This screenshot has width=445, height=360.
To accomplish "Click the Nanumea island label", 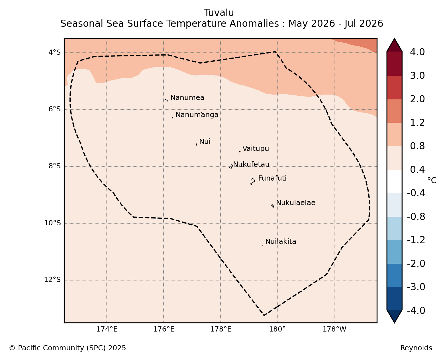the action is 187,98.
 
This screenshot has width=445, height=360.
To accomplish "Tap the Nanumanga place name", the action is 197,115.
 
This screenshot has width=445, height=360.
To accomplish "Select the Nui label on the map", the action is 205,142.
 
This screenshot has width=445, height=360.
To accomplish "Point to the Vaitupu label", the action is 256,149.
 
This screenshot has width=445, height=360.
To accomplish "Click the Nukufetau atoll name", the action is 251,164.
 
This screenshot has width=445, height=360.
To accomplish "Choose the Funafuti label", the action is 272,178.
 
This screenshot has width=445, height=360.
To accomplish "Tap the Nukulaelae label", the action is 296,203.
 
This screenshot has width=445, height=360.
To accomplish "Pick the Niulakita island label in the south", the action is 281,242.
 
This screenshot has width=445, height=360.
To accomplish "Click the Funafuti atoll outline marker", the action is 252,181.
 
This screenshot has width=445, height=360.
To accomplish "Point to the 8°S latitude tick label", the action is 54,166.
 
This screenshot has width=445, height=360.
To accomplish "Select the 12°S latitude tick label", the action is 52,280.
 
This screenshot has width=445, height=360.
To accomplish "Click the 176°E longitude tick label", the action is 164,329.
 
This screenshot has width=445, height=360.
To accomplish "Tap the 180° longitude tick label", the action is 277,329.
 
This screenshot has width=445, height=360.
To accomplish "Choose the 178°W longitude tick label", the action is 334,329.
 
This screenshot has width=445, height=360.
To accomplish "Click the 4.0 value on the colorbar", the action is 417,52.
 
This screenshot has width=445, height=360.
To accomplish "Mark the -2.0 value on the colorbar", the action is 416,263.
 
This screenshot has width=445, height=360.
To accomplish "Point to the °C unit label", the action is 432,180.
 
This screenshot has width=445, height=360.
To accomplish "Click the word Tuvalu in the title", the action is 219,13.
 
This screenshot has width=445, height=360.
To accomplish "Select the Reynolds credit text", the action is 416,348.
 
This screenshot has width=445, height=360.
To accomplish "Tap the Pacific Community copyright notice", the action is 68,348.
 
